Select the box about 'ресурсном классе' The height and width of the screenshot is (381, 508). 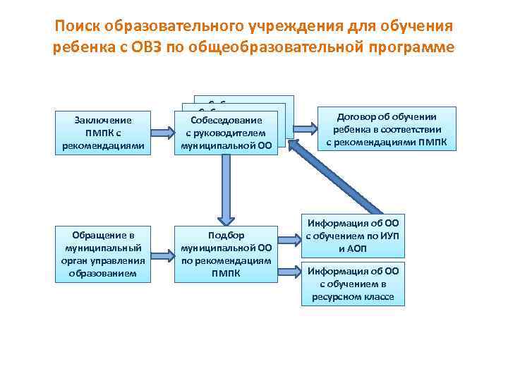(x=353, y=284)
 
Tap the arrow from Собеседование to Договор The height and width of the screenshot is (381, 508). (x=305, y=128)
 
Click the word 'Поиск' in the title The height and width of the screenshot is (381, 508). (x=77, y=26)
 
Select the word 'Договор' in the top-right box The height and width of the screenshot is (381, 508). (x=358, y=117)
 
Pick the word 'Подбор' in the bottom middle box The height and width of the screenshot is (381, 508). (x=226, y=236)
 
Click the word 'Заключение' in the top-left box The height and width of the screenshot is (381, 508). (x=104, y=121)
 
